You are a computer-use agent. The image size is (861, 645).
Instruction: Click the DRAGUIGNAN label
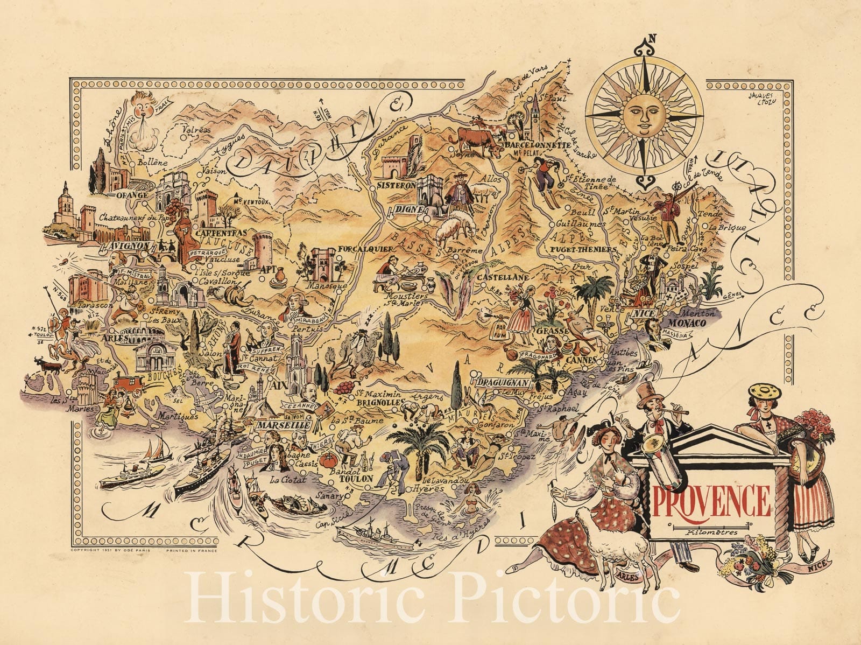pos(503,383)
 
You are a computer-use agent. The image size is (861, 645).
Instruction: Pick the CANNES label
pos(581,359)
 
